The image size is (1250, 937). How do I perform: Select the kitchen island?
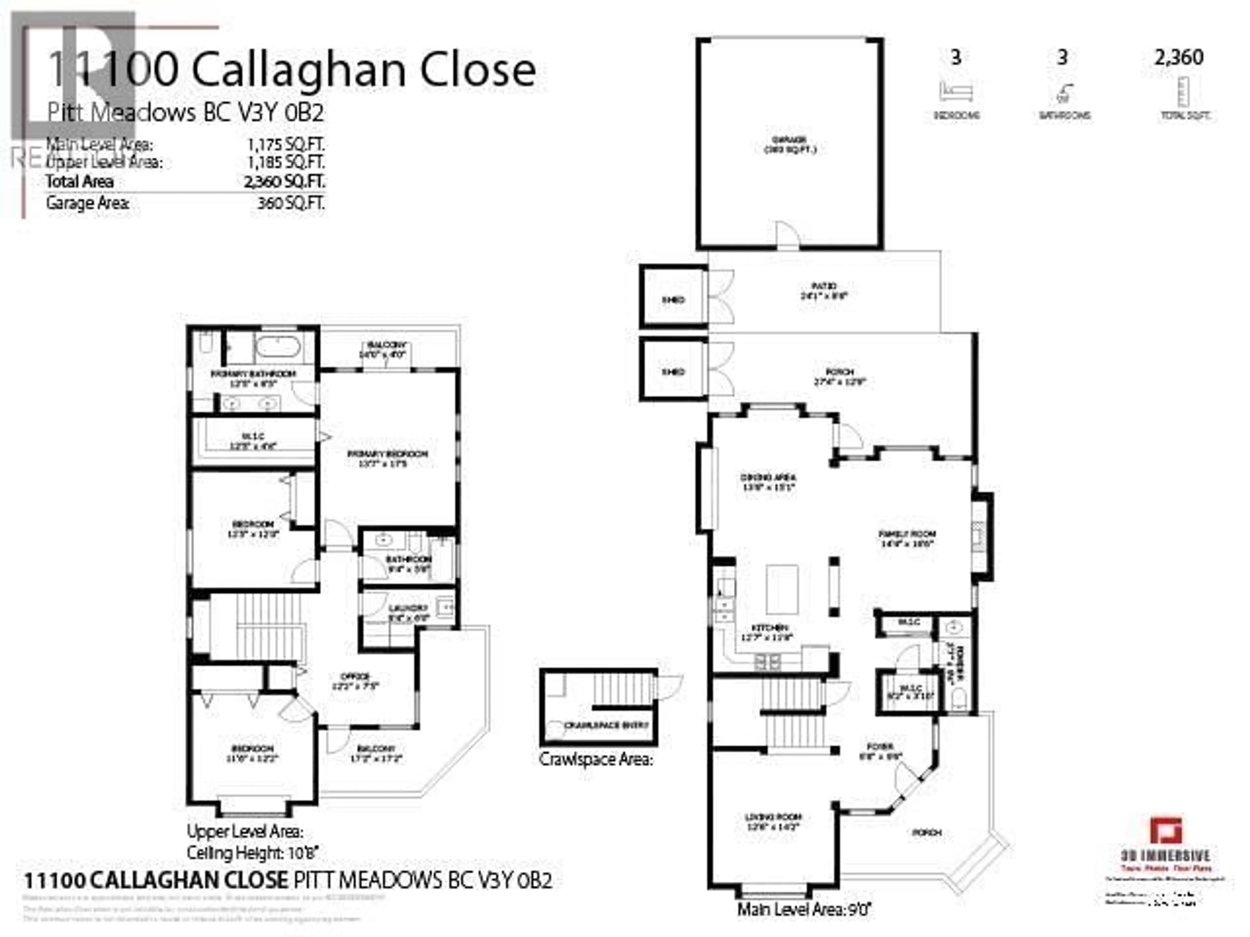click(x=782, y=590)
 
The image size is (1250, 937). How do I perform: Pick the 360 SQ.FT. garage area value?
click(x=291, y=203)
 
